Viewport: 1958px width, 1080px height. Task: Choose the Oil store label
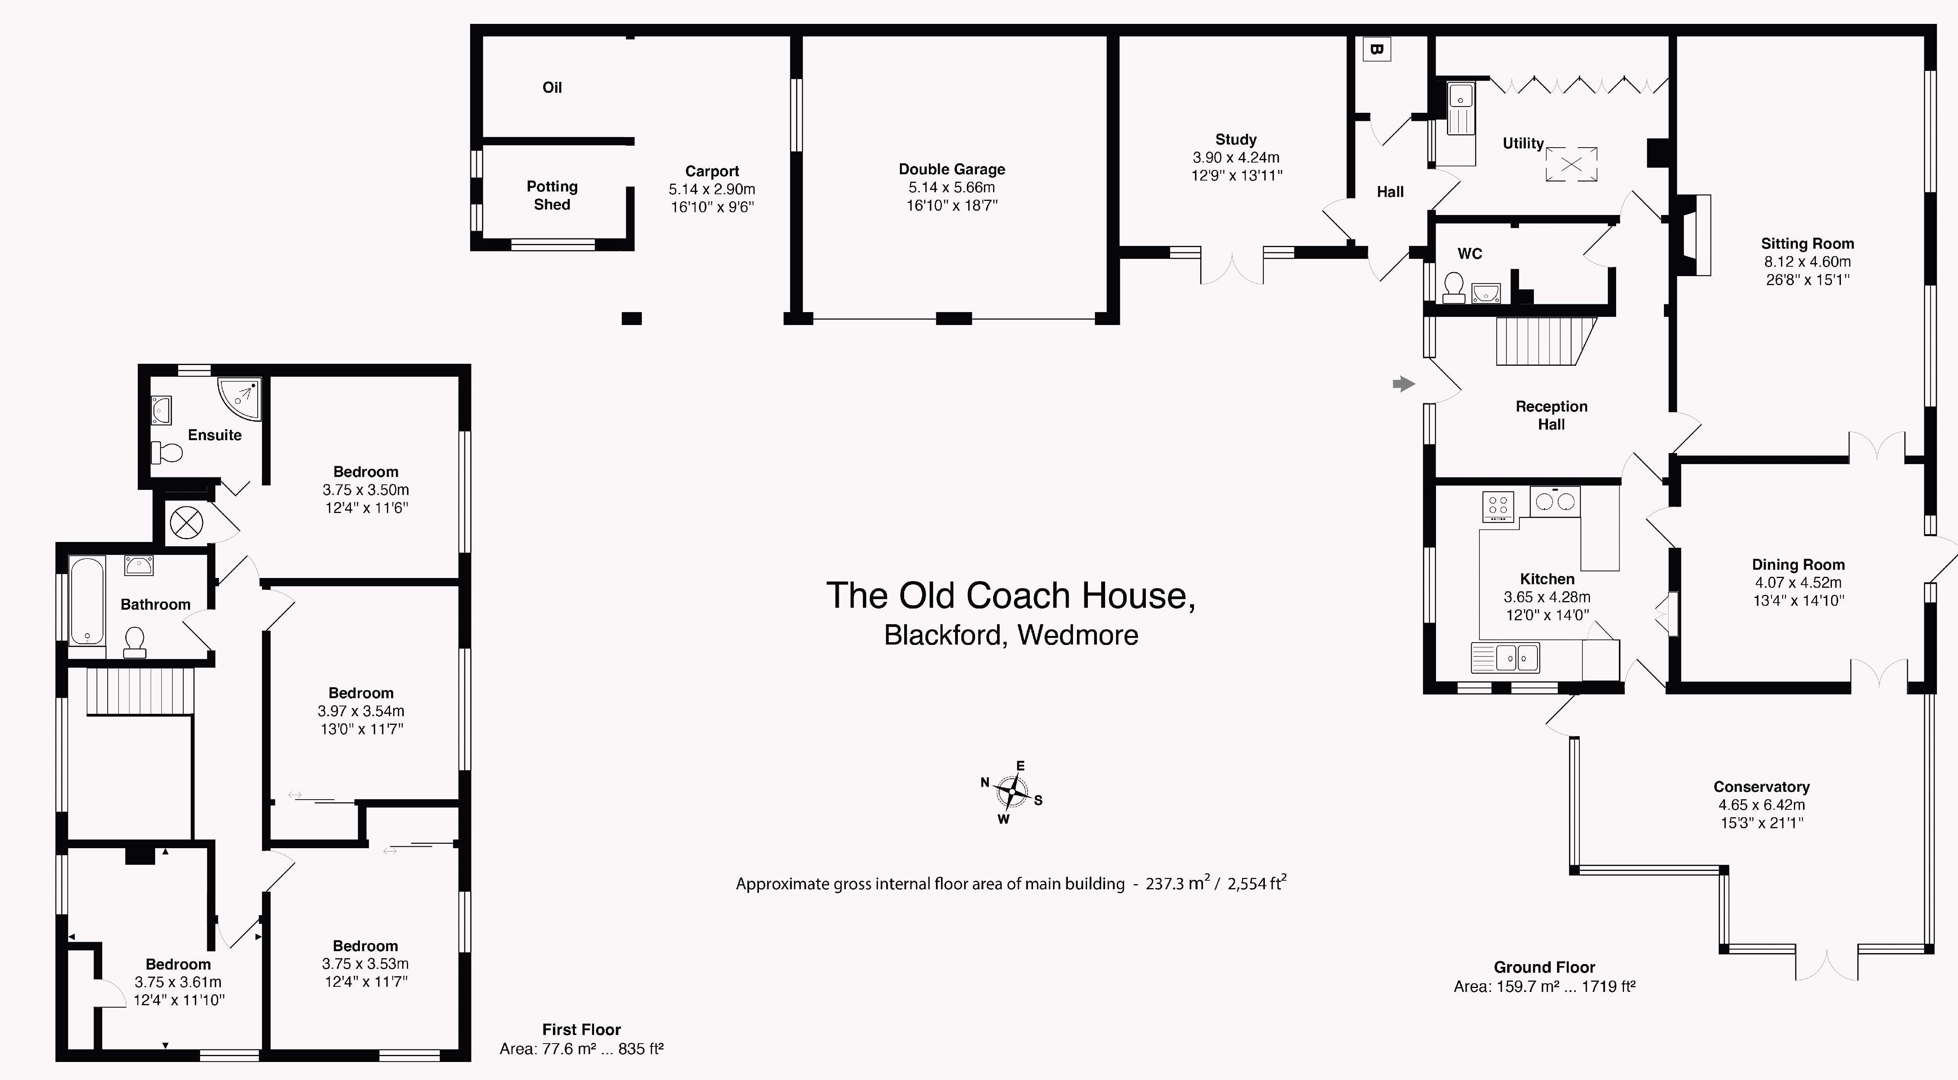pos(552,87)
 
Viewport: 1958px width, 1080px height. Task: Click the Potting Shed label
pos(552,195)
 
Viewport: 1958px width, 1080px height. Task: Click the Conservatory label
pos(1761,787)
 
